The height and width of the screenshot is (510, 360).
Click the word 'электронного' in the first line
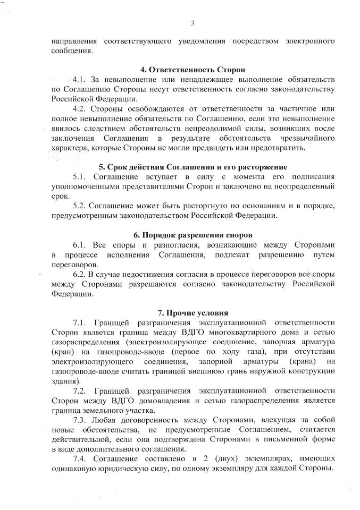click(x=308, y=41)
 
